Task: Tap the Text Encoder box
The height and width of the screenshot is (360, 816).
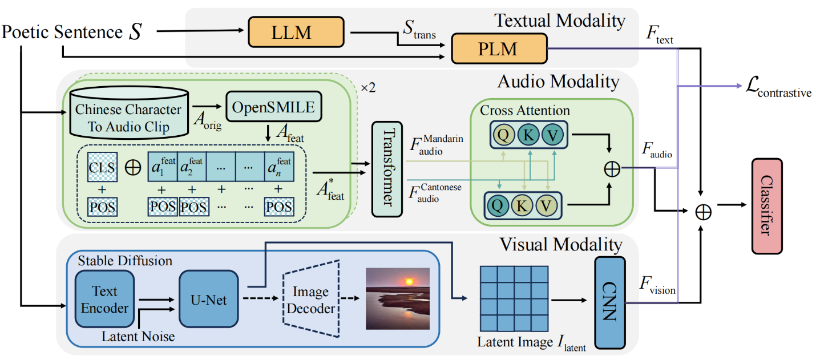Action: (104, 299)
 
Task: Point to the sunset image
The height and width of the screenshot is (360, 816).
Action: (397, 299)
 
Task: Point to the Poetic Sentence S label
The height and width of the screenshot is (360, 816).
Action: (72, 33)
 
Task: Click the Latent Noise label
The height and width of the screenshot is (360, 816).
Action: (138, 337)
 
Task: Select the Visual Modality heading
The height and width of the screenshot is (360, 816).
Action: (560, 245)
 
